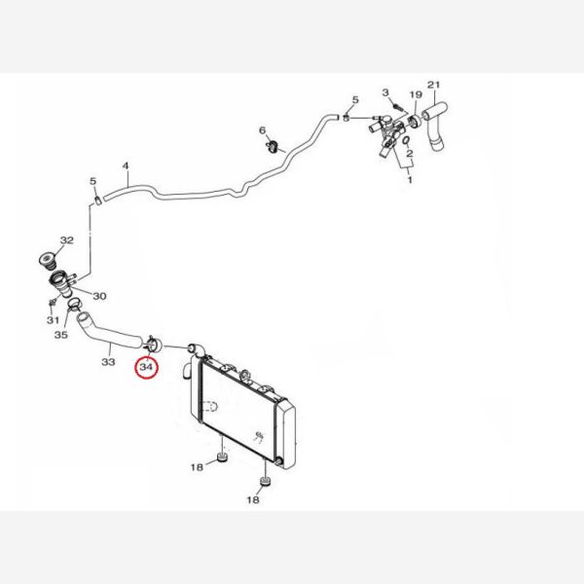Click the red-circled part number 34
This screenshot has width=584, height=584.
pos(146,367)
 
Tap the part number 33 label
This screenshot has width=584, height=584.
pos(108,362)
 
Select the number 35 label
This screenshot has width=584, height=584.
pos(61,335)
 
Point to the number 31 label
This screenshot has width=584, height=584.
pos(53,320)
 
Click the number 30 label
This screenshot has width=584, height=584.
pos(99,296)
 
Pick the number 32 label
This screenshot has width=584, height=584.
pos(67,240)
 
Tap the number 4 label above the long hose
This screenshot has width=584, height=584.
pos(126,165)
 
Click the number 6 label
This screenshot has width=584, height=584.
pos(263,130)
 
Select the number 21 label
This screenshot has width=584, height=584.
pos(433,85)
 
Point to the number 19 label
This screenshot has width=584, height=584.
pos(416,94)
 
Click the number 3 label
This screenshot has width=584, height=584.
pos(385,92)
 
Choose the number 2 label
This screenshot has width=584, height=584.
pos(410,153)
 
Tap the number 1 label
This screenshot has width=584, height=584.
pos(410,180)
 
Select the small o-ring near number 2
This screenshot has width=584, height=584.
pos(407,140)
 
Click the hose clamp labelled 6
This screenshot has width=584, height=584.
pos(273,146)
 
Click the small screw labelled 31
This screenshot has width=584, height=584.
pos(52,302)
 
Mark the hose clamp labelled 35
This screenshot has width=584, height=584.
pos(74,305)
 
